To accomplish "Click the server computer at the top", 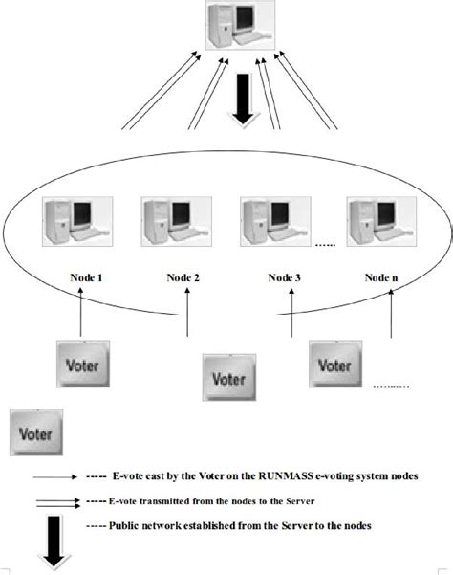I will click(x=235, y=27).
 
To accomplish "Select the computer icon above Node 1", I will click(x=74, y=224).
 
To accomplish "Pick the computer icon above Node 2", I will click(x=171, y=224).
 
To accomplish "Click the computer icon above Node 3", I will click(x=271, y=224).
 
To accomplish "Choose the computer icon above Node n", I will click(x=377, y=224).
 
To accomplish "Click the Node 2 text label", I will click(x=182, y=278).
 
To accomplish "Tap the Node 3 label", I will click(x=284, y=278).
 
